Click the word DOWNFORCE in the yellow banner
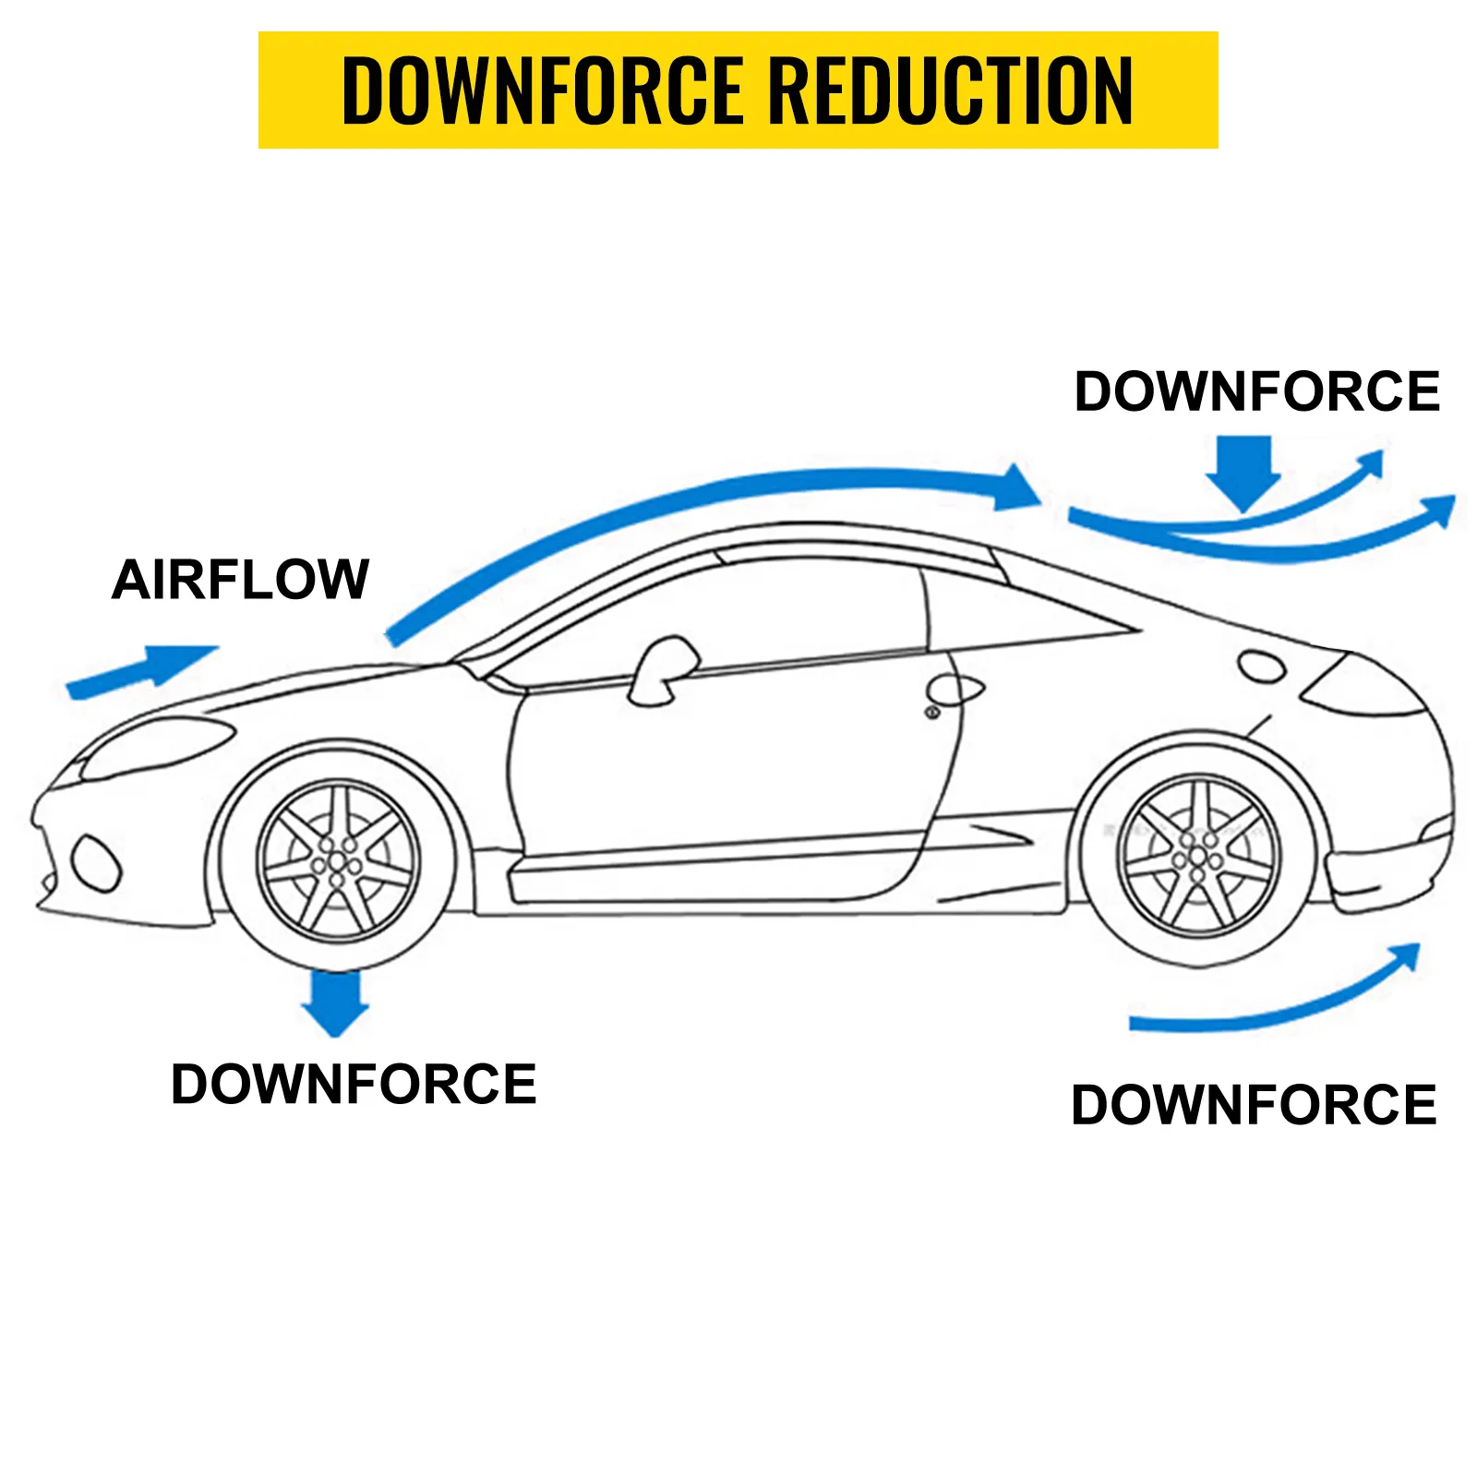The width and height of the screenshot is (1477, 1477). click(x=542, y=90)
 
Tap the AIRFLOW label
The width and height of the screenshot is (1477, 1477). click(x=240, y=580)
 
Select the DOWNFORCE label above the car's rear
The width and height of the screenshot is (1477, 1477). click(x=1256, y=391)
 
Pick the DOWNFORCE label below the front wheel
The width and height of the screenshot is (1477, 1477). click(x=354, y=1084)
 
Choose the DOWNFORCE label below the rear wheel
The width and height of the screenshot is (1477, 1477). click(x=1254, y=1105)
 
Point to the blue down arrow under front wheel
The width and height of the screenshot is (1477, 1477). click(x=335, y=1003)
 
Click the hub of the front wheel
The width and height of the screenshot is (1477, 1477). click(x=337, y=862)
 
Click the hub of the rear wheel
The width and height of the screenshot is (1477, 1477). click(x=1197, y=856)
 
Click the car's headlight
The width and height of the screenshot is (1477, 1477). click(x=157, y=746)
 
